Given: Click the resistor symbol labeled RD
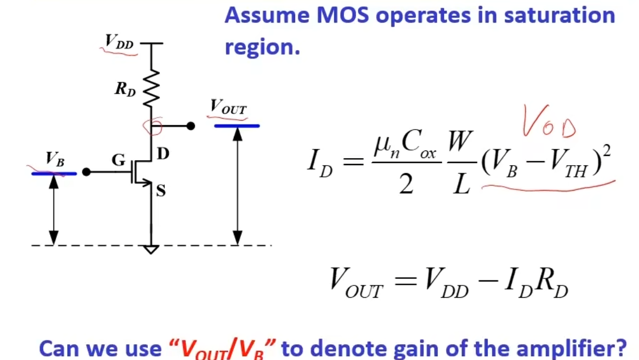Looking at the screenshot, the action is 151,88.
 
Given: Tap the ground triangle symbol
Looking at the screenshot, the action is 151,250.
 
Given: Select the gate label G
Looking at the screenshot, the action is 119,160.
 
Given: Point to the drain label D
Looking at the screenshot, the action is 163,154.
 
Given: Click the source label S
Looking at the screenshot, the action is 161,191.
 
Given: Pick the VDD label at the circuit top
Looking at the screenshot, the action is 119,42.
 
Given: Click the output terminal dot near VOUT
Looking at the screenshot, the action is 191,126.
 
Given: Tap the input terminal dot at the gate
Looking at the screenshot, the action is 87,172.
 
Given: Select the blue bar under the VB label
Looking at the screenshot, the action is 54,174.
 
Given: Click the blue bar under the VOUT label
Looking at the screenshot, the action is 237,126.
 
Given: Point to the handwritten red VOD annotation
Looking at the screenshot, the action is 549,121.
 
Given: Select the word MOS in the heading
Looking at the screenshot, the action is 343,15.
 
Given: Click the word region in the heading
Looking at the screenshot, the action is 262,47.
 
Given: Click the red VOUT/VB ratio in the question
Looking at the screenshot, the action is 222,349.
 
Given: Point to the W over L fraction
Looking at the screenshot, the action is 460,162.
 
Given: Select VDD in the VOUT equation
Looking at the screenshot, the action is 446,283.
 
